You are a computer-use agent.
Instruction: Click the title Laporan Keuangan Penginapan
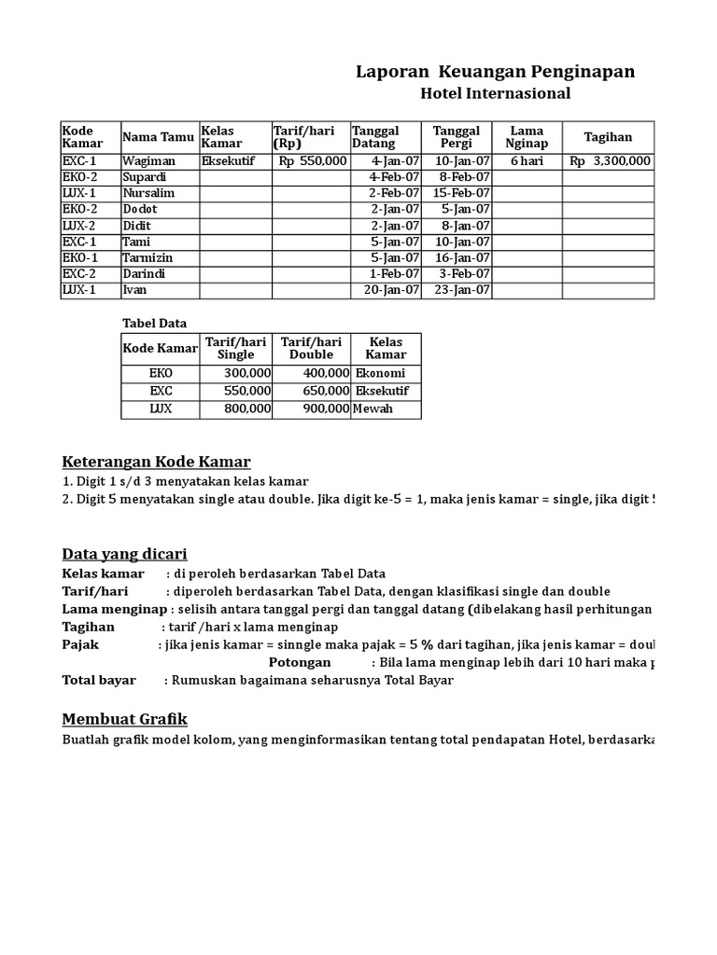click(496, 72)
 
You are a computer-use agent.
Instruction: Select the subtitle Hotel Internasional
click(495, 93)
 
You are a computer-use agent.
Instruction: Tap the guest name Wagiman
click(148, 160)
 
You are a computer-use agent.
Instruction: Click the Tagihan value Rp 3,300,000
click(610, 160)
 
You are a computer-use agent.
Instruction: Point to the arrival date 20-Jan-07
click(394, 290)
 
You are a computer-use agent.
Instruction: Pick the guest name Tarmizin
click(148, 257)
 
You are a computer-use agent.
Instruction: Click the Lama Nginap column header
click(527, 136)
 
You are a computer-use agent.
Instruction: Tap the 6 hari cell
click(527, 160)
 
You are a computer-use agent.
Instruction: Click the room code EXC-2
click(79, 273)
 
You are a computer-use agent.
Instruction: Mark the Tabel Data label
click(155, 324)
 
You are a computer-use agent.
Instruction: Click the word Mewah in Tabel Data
click(373, 408)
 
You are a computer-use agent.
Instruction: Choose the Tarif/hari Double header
click(311, 348)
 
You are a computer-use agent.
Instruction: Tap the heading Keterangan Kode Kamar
click(156, 463)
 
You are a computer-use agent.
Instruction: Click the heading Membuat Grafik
click(124, 718)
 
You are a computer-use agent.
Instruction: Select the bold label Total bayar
click(99, 680)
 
